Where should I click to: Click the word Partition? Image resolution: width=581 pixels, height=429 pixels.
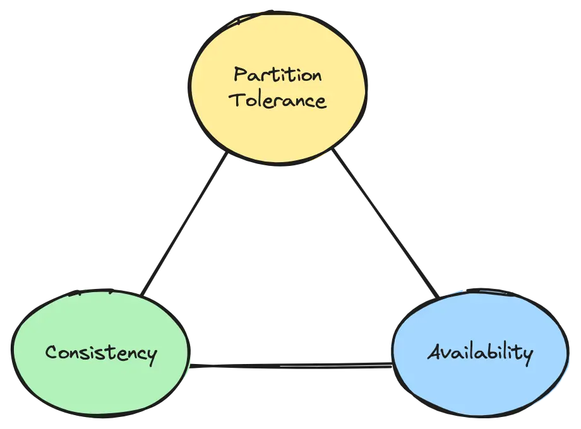[278, 76]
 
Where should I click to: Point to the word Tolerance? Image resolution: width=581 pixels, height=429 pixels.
[278, 100]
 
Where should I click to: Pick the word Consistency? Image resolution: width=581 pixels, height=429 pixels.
[100, 353]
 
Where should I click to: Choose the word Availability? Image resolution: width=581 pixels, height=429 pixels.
[480, 352]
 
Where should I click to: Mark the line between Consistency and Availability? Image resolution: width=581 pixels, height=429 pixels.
[290, 365]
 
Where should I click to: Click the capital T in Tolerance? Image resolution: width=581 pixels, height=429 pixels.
[236, 99]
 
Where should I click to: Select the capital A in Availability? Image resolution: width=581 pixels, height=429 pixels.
[434, 351]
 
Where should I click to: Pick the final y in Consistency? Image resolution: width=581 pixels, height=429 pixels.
[151, 355]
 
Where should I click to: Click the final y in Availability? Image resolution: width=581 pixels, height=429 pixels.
[527, 355]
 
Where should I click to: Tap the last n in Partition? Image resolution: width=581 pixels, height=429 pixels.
[315, 76]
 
